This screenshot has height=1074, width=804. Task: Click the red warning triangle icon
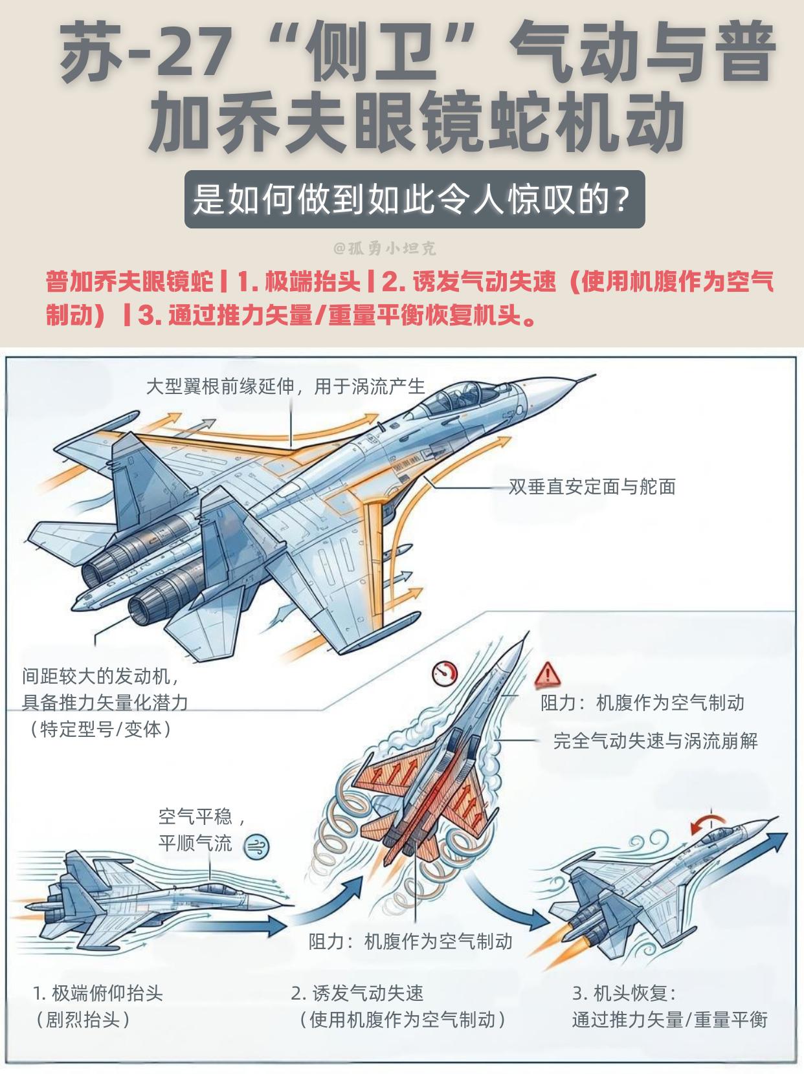pyautogui.click(x=548, y=674)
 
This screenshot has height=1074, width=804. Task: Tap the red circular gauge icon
pyautogui.click(x=445, y=674)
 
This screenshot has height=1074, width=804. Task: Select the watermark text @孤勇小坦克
pyautogui.click(x=385, y=248)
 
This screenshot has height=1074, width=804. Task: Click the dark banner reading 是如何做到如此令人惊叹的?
pyautogui.click(x=414, y=199)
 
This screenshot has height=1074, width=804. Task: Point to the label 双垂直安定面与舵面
pyautogui.click(x=592, y=487)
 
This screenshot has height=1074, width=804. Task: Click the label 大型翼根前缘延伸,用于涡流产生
pyautogui.click(x=285, y=386)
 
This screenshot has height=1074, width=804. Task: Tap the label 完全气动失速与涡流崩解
pyautogui.click(x=655, y=741)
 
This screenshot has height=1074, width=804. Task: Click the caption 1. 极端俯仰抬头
pyautogui.click(x=98, y=993)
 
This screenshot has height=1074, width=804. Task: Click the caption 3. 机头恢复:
pyautogui.click(x=624, y=993)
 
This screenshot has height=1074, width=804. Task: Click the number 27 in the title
pyautogui.click(x=194, y=55)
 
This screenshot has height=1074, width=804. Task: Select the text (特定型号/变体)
pyautogui.click(x=100, y=729)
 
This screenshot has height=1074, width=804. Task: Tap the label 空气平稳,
pyautogui.click(x=202, y=816)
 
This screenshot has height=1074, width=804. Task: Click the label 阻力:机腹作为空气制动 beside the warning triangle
pyautogui.click(x=642, y=703)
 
